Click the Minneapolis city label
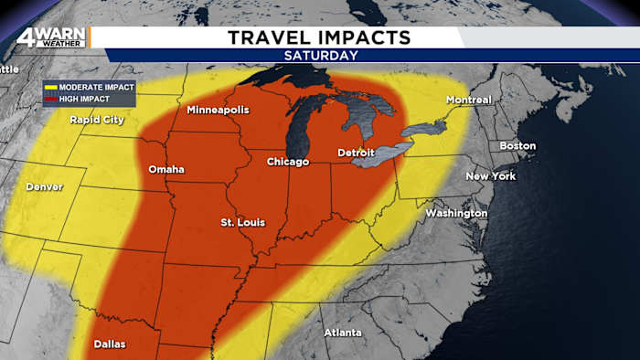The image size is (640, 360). (x=218, y=111)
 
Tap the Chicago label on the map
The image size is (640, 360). (x=287, y=162)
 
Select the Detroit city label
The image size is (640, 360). (x=357, y=152)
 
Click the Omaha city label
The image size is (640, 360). (x=166, y=169)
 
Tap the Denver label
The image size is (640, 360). (x=45, y=186)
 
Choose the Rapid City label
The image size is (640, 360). (x=98, y=119)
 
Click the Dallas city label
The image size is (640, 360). (x=110, y=344)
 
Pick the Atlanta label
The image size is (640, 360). (x=343, y=332)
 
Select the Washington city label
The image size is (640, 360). (x=456, y=213)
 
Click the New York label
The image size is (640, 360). (x=491, y=175)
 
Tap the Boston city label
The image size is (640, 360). (x=517, y=146)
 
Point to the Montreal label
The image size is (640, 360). (x=469, y=100)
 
